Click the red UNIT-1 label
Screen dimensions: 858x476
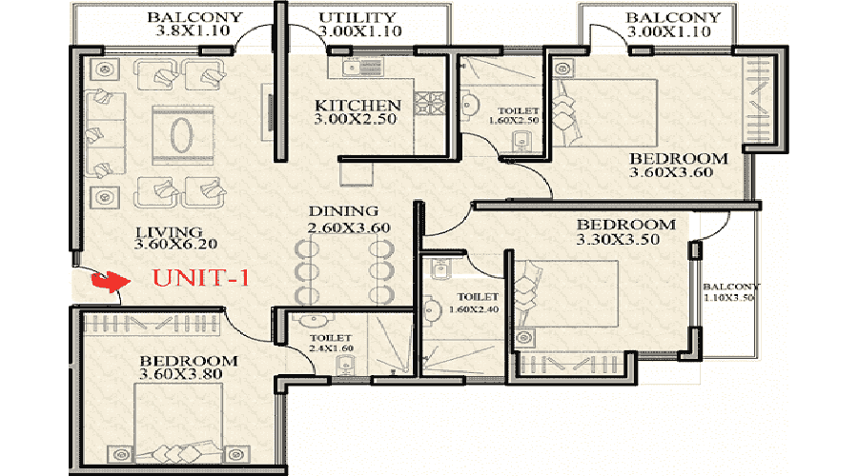click(x=200, y=278)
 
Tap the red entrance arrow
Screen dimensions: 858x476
click(x=112, y=281)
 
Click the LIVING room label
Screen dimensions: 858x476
click(x=170, y=232)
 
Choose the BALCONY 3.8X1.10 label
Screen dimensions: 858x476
click(x=194, y=24)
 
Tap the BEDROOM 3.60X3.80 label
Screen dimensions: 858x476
click(x=188, y=367)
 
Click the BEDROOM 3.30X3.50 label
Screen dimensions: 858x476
click(x=626, y=231)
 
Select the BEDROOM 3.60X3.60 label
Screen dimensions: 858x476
click(x=679, y=166)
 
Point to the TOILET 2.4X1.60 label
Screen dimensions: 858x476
click(x=331, y=344)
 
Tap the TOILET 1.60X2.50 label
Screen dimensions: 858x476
click(x=515, y=115)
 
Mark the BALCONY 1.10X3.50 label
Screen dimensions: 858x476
click(x=731, y=292)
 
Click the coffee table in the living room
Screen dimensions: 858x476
click(x=182, y=134)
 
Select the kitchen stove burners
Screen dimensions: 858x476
click(x=430, y=104)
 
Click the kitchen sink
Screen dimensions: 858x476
click(x=357, y=68)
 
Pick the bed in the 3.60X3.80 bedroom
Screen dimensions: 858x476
click(x=178, y=423)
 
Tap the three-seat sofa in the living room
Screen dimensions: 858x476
click(x=105, y=134)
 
